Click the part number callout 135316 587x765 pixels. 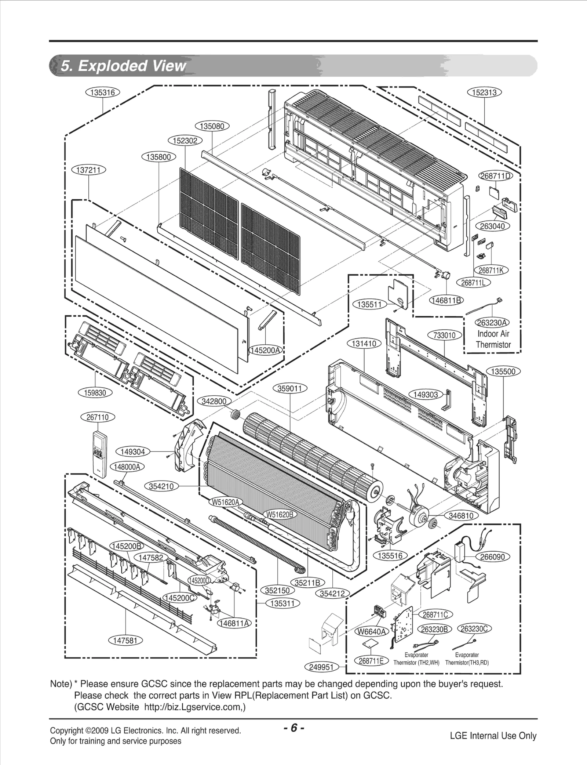point(103,93)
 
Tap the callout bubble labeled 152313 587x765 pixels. point(484,93)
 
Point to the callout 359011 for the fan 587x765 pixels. point(290,388)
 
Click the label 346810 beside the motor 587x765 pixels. point(461,516)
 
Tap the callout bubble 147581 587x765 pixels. point(125,641)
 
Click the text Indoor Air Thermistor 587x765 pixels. point(493,339)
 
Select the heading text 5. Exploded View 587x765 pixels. point(123,66)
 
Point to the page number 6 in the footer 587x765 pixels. point(293,728)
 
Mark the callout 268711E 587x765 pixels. point(371,661)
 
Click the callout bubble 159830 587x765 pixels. point(95,393)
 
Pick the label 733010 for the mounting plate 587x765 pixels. point(445,335)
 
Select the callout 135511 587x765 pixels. point(369,304)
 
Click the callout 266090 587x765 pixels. point(492,557)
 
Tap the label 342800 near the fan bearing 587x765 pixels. point(214,401)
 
